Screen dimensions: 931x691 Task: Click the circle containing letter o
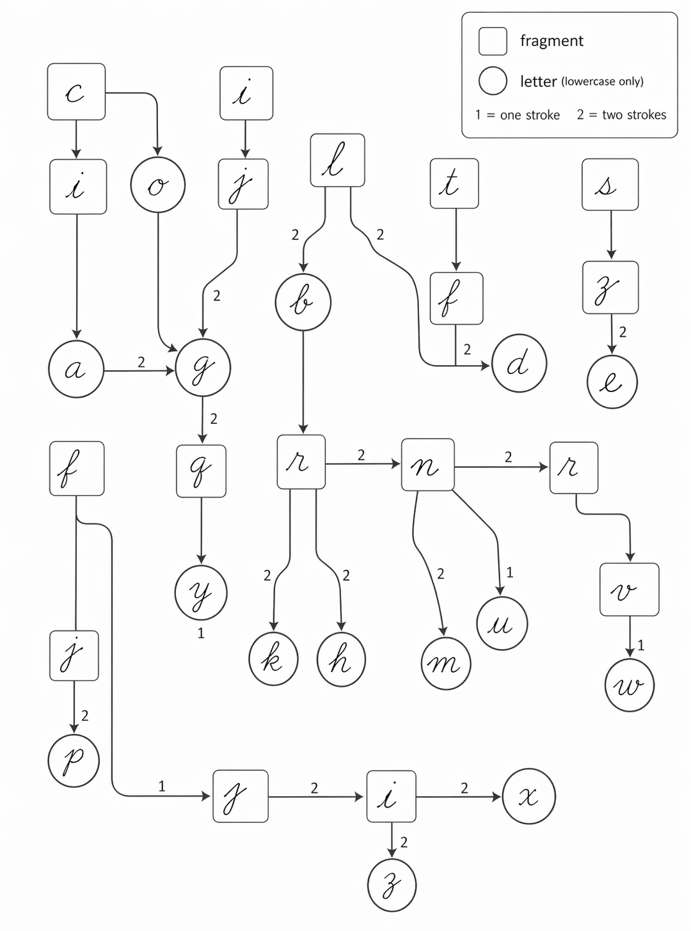click(157, 185)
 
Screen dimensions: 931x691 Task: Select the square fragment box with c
click(76, 91)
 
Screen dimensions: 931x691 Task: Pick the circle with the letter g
click(203, 368)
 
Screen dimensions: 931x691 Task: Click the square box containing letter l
click(337, 160)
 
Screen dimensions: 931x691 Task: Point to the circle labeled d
click(519, 363)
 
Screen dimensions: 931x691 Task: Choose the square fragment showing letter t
click(454, 184)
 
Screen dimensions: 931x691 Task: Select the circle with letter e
click(612, 382)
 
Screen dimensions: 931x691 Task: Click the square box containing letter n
click(427, 465)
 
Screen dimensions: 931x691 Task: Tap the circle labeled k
click(273, 659)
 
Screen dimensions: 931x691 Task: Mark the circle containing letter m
click(446, 663)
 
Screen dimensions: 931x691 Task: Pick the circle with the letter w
click(630, 685)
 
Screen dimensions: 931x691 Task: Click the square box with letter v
click(629, 590)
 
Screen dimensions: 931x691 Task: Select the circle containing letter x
click(529, 797)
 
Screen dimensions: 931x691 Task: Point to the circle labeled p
click(74, 760)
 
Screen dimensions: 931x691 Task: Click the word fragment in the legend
click(552, 41)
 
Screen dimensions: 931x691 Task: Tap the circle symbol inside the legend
click(493, 81)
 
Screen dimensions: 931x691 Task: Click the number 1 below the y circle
click(201, 634)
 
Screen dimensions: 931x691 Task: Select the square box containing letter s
click(610, 184)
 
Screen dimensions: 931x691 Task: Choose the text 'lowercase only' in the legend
click(603, 81)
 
